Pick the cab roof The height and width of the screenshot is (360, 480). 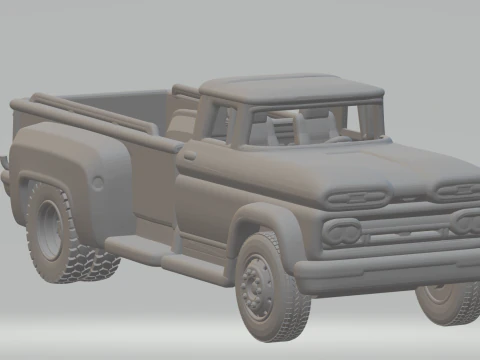[x=290, y=87]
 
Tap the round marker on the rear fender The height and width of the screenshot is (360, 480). [x=98, y=181]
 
